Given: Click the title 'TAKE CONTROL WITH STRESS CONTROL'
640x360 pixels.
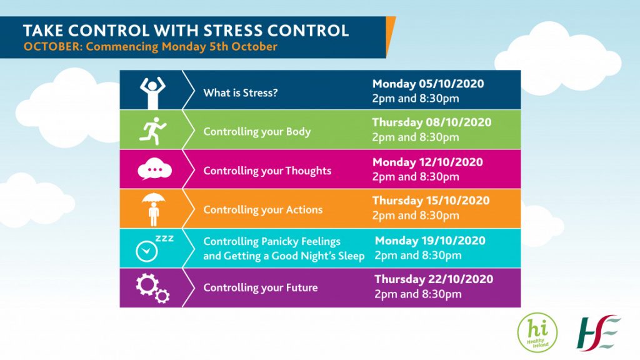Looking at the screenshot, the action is pyautogui.click(x=186, y=31).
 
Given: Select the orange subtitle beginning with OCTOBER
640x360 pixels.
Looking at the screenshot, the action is pyautogui.click(x=150, y=46).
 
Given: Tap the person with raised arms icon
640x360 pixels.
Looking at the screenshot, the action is pyautogui.click(x=152, y=92).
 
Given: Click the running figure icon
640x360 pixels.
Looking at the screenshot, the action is pyautogui.click(x=153, y=131).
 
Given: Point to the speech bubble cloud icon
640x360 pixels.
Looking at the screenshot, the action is pyautogui.click(x=154, y=169).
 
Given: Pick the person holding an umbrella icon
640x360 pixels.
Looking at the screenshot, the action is pyautogui.click(x=154, y=209).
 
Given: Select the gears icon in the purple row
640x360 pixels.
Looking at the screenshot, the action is pyautogui.click(x=152, y=288).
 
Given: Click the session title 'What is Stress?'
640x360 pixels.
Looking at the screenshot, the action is pyautogui.click(x=241, y=93).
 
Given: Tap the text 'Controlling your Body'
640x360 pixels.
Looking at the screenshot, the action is pyautogui.click(x=257, y=132).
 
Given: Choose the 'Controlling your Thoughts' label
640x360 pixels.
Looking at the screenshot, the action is pyautogui.click(x=267, y=171).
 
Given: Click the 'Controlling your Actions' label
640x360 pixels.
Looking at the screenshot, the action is pyautogui.click(x=263, y=210).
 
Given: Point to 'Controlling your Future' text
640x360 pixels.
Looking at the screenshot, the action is pyautogui.click(x=261, y=287).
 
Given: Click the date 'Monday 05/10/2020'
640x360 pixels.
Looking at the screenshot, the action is pyautogui.click(x=428, y=84).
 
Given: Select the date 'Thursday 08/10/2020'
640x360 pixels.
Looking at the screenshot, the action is pyautogui.click(x=432, y=122).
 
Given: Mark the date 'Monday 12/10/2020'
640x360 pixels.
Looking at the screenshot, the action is pyautogui.click(x=427, y=162).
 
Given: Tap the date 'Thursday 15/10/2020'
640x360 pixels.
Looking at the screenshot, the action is pyautogui.click(x=431, y=201).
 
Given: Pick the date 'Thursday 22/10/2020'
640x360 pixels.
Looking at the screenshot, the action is pyautogui.click(x=434, y=279).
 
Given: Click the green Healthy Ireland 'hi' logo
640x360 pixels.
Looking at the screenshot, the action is pyautogui.click(x=537, y=332).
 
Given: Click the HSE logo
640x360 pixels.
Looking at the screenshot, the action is pyautogui.click(x=598, y=332).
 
